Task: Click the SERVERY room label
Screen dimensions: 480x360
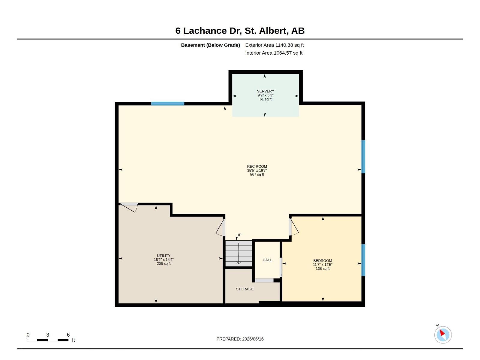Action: coord(265,91)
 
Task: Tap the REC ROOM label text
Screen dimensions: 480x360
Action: coord(257,166)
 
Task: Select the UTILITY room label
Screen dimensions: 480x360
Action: coord(163,256)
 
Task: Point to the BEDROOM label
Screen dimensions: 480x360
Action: coord(322,260)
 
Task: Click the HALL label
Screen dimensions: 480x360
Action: coord(267,260)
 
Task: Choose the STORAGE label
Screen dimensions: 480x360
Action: coord(245,289)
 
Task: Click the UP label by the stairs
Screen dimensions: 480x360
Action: coord(239,235)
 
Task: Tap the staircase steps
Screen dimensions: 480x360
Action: coord(238,253)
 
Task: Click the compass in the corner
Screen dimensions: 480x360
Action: coord(443,335)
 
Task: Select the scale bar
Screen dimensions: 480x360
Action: coord(48,340)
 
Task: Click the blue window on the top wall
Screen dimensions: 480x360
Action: coord(167,103)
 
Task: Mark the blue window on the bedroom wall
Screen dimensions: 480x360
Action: coord(363,260)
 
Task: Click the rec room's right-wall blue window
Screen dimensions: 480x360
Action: coord(363,157)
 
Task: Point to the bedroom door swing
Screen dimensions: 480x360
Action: coord(293,227)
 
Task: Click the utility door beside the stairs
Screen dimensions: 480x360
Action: coord(220,227)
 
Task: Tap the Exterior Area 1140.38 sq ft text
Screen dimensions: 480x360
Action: coord(274,45)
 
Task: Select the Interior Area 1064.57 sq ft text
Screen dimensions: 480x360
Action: coord(274,53)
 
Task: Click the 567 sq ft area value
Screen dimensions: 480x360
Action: coord(257,174)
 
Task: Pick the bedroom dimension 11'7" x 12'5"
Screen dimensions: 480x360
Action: coord(322,265)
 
